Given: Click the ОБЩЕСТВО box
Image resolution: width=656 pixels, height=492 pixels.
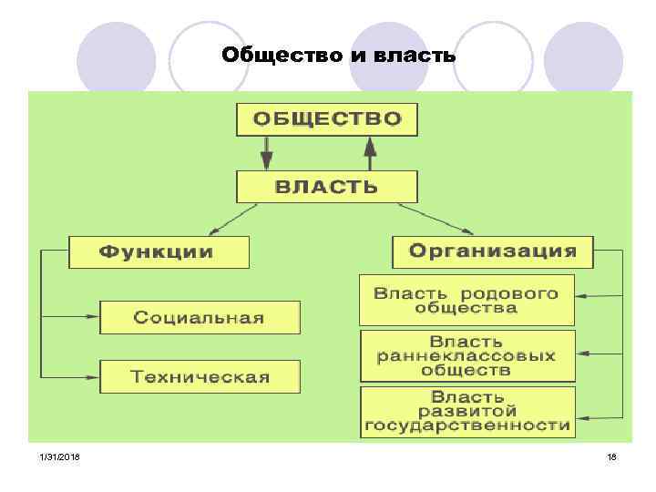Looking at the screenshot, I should coord(326,119).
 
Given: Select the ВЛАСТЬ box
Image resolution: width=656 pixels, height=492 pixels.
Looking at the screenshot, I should coord(326,187).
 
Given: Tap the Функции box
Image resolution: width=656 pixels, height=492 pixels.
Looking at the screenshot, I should coord(158,251).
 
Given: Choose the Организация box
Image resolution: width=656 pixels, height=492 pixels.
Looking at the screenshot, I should coord(492,251).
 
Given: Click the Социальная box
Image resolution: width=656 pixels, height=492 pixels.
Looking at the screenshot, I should coord(199,317).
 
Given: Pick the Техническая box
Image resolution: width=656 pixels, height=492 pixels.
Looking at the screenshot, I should coord(199,376).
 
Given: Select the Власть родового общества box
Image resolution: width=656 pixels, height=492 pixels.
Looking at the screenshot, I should coord(466,300).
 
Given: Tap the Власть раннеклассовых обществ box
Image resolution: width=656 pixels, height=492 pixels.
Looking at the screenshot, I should coord(466,355).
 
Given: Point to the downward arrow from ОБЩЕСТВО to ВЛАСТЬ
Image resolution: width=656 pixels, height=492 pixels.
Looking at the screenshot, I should coord(266,152).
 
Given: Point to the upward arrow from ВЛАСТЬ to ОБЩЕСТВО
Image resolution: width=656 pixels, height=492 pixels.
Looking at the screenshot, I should coord(370,152).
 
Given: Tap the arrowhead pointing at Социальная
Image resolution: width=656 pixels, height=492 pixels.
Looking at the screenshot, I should coord(92,317).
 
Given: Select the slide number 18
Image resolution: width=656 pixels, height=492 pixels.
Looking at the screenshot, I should coord(611,456).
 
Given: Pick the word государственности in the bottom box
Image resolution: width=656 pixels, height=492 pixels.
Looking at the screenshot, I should coord(466,425).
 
